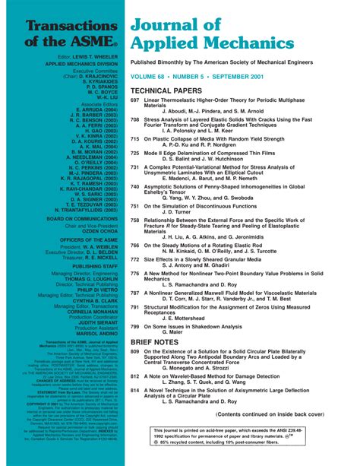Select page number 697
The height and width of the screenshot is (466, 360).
[135, 100]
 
